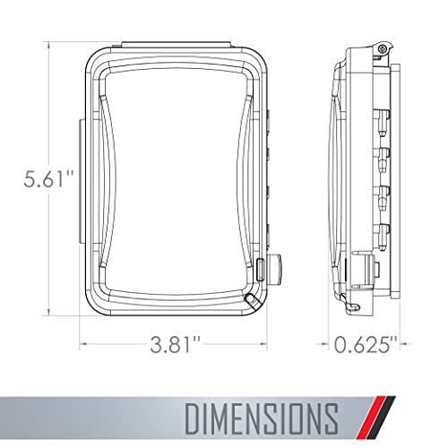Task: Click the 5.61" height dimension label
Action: coord(48,179)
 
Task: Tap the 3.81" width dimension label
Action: coord(175,344)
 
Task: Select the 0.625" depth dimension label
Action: coord(366,344)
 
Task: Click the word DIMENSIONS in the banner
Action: coord(262,418)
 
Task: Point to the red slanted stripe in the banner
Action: coord(372,418)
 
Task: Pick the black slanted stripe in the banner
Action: coord(383,418)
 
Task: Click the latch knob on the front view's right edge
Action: coord(275,269)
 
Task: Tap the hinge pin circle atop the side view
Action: coord(381,49)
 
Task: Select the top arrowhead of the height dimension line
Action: coord(49,45)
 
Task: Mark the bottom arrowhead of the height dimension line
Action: coord(49,312)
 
